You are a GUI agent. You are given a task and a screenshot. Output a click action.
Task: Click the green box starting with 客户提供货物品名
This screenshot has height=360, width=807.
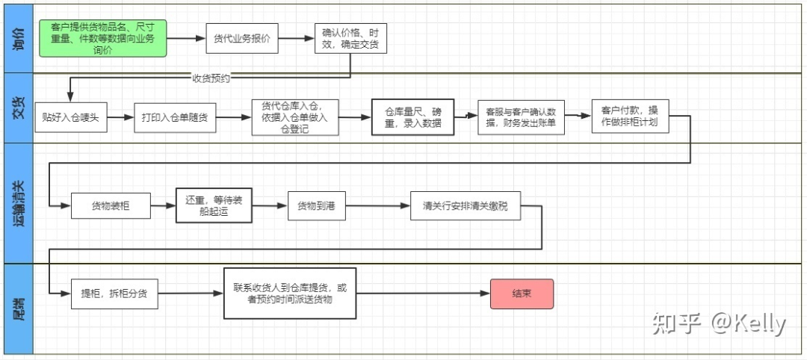tap(102, 38)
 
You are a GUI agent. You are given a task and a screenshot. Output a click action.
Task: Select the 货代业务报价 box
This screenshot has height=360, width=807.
tap(241, 39)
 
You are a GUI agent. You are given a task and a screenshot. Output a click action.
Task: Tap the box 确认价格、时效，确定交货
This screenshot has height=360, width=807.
tap(350, 39)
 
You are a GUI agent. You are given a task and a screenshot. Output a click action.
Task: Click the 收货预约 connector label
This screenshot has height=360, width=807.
tap(211, 78)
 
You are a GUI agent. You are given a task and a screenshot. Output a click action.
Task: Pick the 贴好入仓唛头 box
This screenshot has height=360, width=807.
tap(71, 118)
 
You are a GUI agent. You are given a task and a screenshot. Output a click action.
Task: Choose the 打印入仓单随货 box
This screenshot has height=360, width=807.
tap(175, 118)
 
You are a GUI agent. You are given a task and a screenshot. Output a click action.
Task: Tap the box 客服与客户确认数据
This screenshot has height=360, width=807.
tap(520, 117)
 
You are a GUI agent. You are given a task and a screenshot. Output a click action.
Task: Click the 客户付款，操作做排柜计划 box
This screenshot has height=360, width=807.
tap(629, 116)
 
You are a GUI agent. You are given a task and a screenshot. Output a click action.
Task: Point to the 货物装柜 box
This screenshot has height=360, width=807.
tap(111, 205)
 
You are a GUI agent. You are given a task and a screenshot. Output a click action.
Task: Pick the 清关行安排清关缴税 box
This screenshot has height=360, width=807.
tap(465, 205)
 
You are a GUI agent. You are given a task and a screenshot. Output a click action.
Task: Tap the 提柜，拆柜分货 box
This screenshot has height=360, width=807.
tap(114, 294)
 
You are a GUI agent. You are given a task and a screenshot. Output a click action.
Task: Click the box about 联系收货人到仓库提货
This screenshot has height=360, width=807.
tap(290, 293)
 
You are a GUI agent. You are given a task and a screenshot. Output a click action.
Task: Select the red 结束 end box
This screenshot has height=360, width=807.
tap(522, 294)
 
